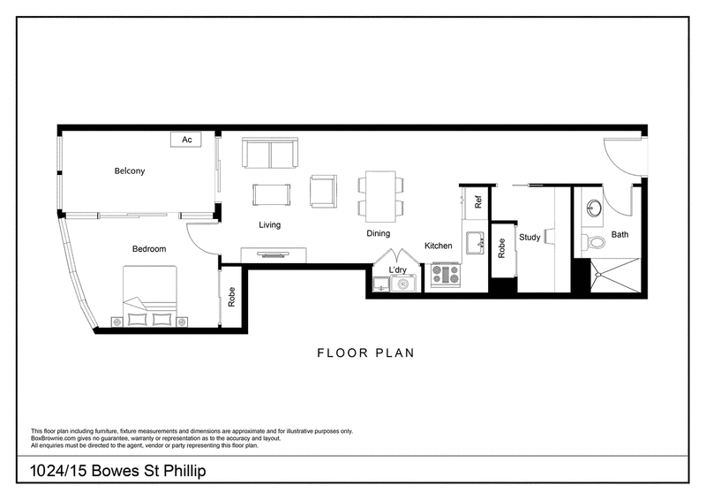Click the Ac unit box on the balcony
coord(185,140)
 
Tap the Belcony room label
coord(130,170)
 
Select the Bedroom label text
coord(149,249)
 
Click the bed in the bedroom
coord(150,295)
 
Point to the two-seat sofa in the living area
coord(270,153)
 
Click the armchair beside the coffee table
coord(323,191)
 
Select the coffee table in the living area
coord(272,194)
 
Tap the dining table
coord(380,196)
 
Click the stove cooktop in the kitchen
coord(446,275)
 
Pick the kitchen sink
coord(475,243)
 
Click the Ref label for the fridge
coord(478,201)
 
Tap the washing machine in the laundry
coord(403,284)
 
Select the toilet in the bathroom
coord(593,243)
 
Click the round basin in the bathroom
coord(594,208)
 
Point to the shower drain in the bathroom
coord(598,274)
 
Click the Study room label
coord(529,237)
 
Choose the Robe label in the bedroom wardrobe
coord(231,297)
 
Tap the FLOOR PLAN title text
coord(365,352)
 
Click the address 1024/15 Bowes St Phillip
coord(118,471)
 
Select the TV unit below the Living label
coord(274,255)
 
